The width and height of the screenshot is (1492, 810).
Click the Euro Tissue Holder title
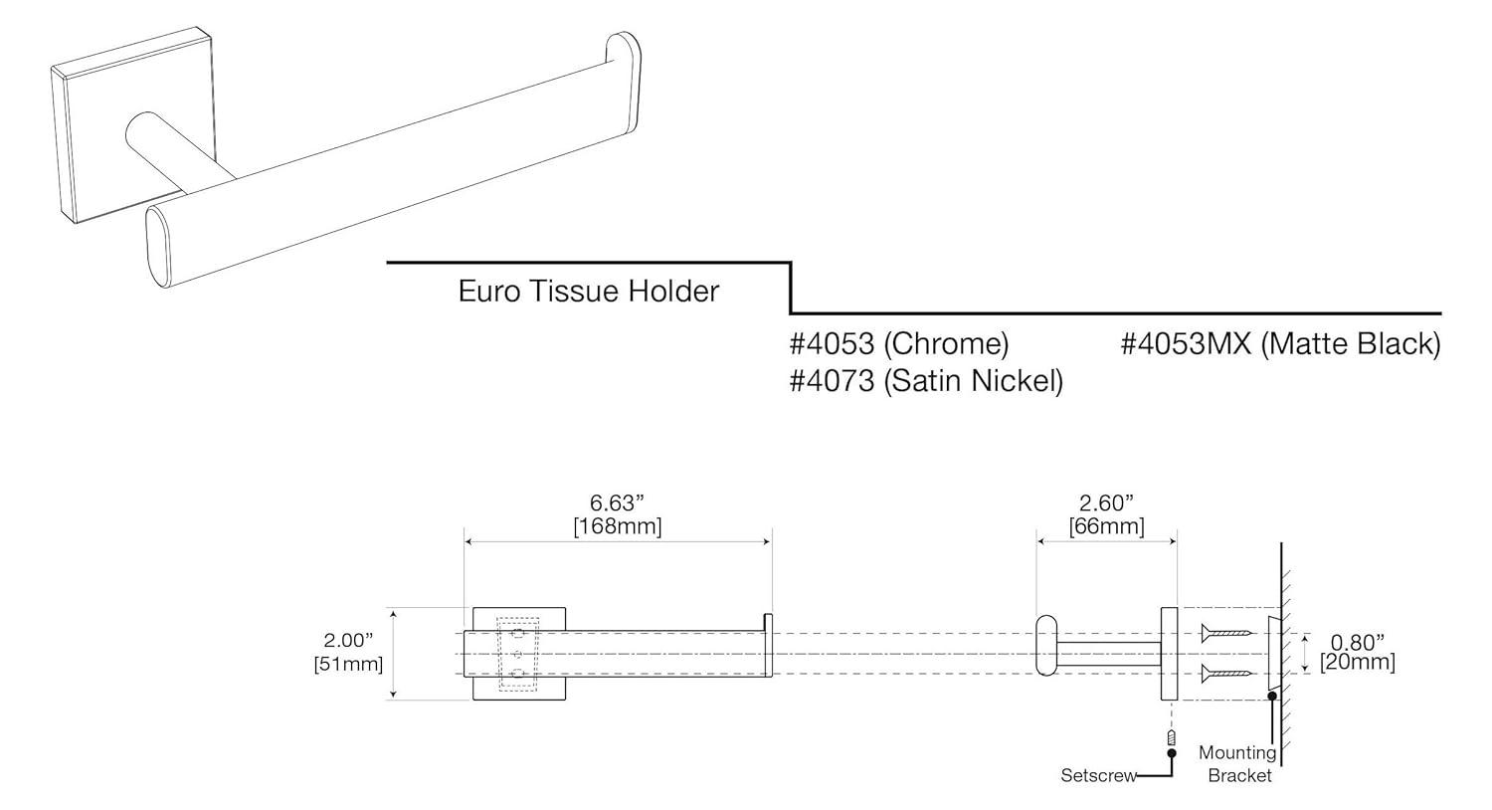coord(588,292)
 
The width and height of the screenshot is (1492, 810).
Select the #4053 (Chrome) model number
coord(898,344)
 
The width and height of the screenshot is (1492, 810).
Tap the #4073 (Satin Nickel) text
coord(926,380)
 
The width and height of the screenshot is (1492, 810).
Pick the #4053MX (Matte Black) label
coord(1280,344)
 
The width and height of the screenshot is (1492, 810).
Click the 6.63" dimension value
coord(618,504)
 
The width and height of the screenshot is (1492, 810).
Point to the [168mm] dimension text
coord(618,525)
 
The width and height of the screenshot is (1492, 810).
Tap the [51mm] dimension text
coord(349,663)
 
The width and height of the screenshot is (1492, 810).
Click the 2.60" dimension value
coord(1106,504)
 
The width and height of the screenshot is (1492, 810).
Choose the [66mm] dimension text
coord(1106,525)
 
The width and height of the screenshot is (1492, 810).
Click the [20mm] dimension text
coord(1358,662)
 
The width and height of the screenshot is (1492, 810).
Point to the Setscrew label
coord(1098,775)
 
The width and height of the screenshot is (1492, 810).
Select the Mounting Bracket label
coord(1238,763)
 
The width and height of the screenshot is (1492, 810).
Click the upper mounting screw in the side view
coord(1225,632)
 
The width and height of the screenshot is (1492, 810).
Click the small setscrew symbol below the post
coord(1171,738)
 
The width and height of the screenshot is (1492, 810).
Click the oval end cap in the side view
coord(1045,646)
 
